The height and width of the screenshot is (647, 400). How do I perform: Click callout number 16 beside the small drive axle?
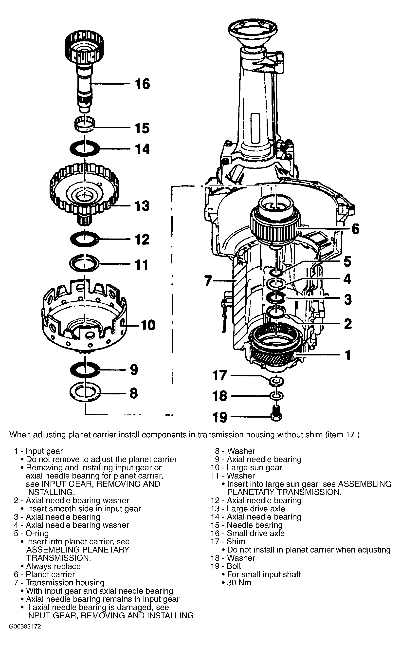coord(142,84)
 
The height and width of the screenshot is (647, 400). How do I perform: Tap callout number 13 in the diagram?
coord(142,206)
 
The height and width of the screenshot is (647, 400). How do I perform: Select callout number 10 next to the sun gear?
coord(148,325)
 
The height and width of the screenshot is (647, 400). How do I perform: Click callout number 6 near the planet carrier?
coord(356,229)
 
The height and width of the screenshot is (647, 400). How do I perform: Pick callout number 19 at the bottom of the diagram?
coord(220,417)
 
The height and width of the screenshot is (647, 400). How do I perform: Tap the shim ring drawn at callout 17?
coord(276,381)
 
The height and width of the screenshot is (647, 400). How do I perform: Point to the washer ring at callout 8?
coord(85,392)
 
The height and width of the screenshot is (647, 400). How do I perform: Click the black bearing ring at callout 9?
coord(85,369)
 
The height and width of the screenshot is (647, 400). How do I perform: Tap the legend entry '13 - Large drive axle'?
coord(248,509)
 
